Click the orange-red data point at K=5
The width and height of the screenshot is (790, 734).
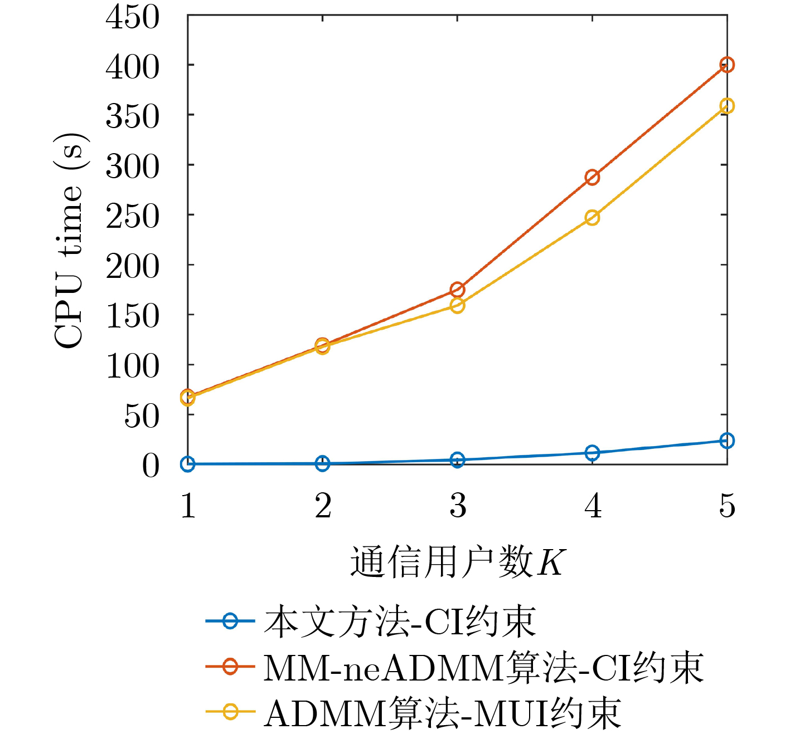(x=726, y=65)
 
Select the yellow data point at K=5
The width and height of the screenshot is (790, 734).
(x=726, y=106)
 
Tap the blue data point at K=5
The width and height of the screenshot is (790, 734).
(x=726, y=441)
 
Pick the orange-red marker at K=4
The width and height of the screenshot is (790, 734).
(x=592, y=178)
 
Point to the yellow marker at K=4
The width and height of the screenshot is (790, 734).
(x=592, y=217)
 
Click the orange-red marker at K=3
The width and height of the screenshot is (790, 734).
(x=457, y=290)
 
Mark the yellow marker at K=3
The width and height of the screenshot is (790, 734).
(x=457, y=305)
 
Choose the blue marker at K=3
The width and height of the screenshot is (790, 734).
(x=457, y=460)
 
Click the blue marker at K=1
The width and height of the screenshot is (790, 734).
(x=188, y=464)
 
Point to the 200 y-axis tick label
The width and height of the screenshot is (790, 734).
(x=133, y=266)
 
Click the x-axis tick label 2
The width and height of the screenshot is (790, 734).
(x=323, y=506)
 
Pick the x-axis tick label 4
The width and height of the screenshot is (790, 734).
(x=593, y=506)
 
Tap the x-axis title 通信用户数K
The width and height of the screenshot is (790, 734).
(x=457, y=562)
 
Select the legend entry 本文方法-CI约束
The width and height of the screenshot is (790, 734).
(x=400, y=622)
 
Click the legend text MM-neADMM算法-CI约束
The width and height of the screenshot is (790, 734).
(x=483, y=667)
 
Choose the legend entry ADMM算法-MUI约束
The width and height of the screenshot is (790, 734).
(x=443, y=713)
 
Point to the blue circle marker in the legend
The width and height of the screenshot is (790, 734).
(x=230, y=621)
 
